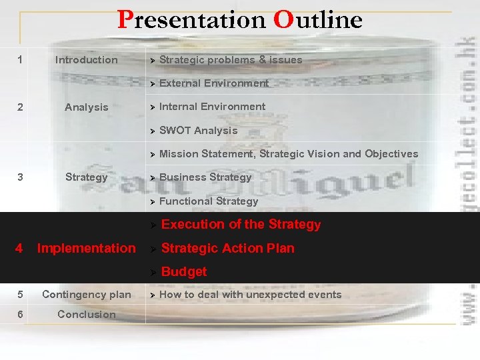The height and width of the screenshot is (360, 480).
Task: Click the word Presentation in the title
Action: coord(192,20)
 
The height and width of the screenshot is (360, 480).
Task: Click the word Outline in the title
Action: coord(317,20)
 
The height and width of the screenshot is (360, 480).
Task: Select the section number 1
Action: coord(20,60)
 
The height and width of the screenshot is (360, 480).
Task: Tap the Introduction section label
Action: coord(86,60)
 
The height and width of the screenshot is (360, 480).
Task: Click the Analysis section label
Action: coord(86,107)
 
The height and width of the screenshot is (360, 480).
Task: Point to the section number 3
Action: coord(20,177)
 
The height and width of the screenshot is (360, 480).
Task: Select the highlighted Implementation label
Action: coord(86,248)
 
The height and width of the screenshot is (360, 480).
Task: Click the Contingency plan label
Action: coord(86,295)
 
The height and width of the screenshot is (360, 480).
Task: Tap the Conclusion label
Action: coord(86,315)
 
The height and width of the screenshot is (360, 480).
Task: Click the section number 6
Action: coord(20,315)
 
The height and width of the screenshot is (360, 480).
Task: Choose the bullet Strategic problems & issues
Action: coord(231,60)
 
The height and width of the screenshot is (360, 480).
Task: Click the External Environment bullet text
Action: coord(214,83)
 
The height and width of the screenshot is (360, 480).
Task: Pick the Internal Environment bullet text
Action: coord(212,107)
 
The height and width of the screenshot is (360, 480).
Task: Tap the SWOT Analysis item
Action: coord(198,131)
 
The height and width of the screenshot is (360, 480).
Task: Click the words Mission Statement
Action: coord(207,154)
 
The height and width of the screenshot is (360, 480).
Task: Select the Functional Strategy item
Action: coord(209,201)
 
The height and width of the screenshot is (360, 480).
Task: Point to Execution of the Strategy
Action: coord(241,225)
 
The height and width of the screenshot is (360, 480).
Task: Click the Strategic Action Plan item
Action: coord(228,248)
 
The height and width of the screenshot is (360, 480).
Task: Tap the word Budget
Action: coord(184,271)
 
